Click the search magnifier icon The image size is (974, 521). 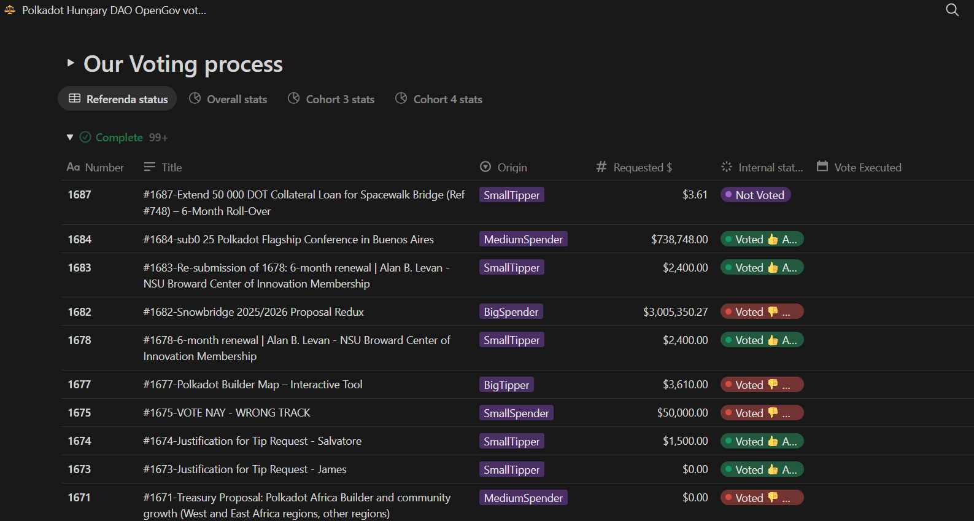[x=952, y=10]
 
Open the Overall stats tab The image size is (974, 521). [x=228, y=99]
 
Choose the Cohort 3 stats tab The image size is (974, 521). [x=331, y=99]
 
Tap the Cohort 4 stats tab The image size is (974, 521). [x=439, y=99]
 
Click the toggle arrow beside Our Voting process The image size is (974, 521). [x=71, y=63]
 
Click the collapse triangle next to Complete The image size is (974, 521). [x=70, y=137]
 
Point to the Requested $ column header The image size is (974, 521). [x=635, y=167]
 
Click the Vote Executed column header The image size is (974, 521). [x=859, y=167]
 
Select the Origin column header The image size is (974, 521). [x=504, y=167]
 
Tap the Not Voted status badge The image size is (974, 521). [x=755, y=195]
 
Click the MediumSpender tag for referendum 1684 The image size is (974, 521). [x=523, y=239]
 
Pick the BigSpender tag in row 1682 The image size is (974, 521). [x=511, y=311]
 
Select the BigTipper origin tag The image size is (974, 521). [x=506, y=385]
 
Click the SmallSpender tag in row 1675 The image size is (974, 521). [x=516, y=413]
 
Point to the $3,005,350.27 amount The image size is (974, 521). [x=675, y=311]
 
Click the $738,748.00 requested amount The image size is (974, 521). [x=679, y=239]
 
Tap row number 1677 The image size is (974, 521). [x=79, y=385]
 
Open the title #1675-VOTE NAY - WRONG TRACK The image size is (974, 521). [x=226, y=413]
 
